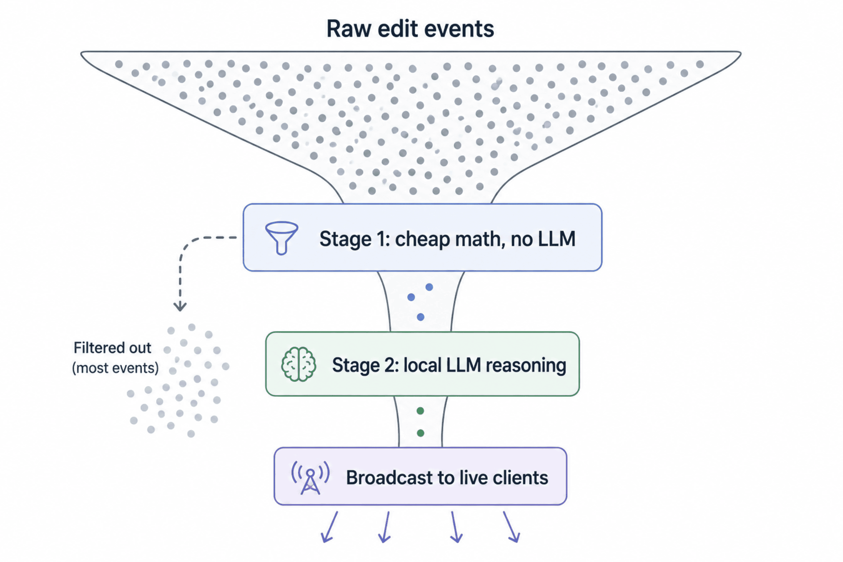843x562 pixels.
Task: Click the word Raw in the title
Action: pos(349,29)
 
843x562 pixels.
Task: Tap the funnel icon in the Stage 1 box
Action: pos(281,238)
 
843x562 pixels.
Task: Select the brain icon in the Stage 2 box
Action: pos(298,364)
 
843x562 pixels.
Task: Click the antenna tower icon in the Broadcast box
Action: pos(310,477)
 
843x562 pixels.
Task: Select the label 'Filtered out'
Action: pos(112,348)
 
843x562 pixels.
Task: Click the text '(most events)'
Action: pos(116,368)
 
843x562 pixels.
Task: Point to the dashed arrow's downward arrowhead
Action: pos(180,306)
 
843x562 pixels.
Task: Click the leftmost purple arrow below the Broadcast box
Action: pos(329,527)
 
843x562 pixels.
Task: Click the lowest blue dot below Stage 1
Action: pos(420,317)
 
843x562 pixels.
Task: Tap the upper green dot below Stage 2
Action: pos(420,411)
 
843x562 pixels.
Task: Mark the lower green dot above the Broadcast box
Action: pos(420,433)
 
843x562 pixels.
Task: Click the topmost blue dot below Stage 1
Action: pos(429,287)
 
